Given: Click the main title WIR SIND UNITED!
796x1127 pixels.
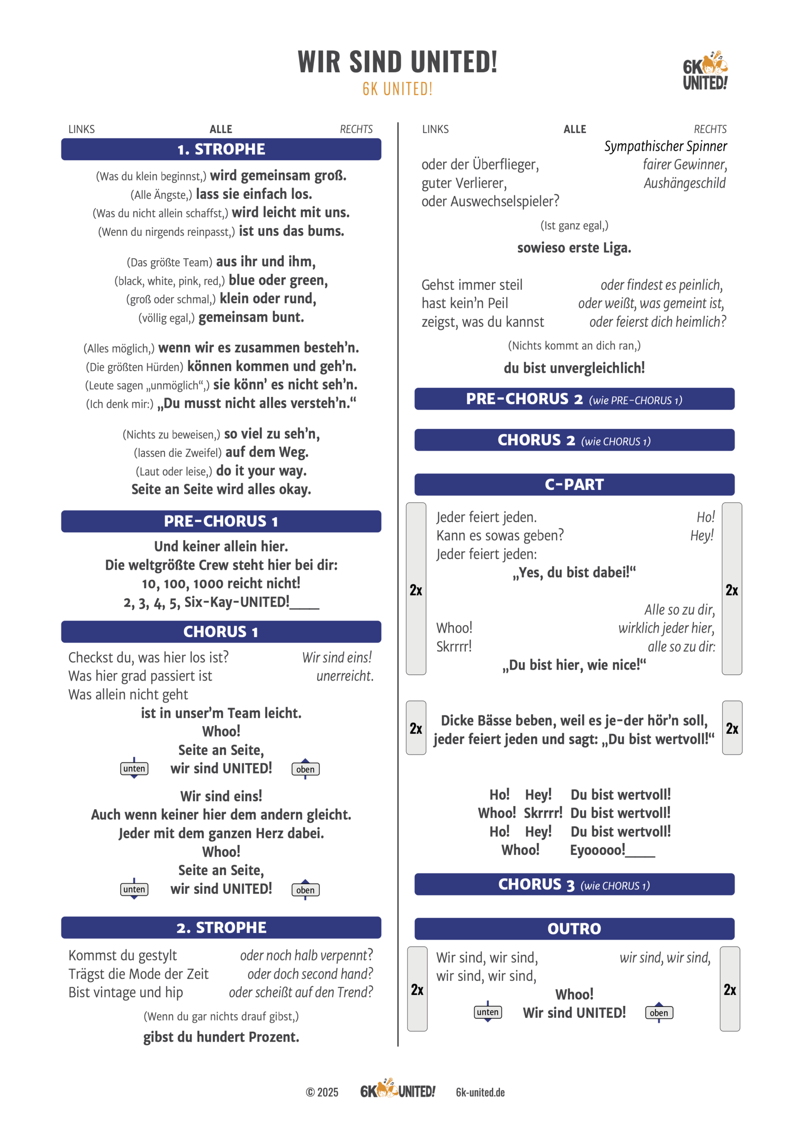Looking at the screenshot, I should pos(397,63).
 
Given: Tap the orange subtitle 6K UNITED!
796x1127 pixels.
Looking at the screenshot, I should pos(397,89).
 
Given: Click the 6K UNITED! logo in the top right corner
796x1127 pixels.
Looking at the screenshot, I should pos(705,71).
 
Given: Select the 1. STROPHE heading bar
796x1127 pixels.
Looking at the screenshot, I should pos(221,149).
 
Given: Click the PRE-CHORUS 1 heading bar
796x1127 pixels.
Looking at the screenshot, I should pos(221,521).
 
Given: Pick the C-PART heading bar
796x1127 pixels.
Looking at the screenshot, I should pos(574,484).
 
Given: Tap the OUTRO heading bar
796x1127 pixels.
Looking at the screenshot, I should pos(574,929).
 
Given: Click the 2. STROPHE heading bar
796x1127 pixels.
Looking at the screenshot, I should pos(221,927).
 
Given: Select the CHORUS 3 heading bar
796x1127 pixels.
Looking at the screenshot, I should pos(574,884).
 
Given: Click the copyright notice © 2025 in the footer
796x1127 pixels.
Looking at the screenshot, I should pos(322,1092).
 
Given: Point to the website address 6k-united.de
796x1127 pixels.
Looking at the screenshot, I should pos(480,1092).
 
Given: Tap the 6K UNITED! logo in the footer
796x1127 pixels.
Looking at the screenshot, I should pos(397,1090).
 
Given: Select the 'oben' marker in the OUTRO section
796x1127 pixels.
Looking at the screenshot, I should pos(659,1013).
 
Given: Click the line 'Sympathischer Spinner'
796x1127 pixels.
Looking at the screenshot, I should pos(665,146).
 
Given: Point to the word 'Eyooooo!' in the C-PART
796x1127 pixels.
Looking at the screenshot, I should pos(598,850).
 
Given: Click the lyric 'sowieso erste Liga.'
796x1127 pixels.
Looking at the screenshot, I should pos(574,248).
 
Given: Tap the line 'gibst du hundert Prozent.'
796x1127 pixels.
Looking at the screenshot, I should pos(221,1037).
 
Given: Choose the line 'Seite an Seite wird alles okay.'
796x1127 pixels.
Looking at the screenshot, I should pos(221,490).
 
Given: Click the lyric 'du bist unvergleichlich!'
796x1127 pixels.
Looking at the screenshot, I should pos(574,368).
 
